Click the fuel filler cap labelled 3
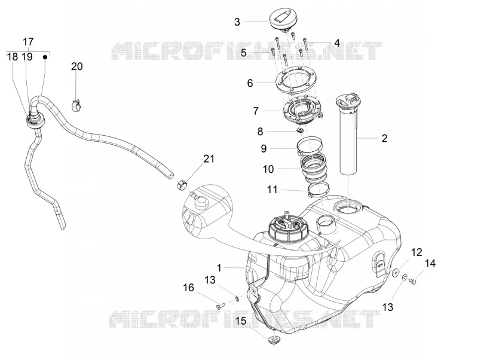(283, 20)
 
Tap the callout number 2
(384, 138)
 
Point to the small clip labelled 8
(301, 131)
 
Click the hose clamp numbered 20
(77, 105)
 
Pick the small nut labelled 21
(182, 184)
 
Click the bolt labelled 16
(220, 306)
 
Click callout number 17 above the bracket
(28, 42)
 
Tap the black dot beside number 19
(45, 57)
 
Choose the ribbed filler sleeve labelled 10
(314, 167)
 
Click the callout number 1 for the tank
(219, 268)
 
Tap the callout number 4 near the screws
(336, 42)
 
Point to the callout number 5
(243, 53)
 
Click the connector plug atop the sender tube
(351, 98)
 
